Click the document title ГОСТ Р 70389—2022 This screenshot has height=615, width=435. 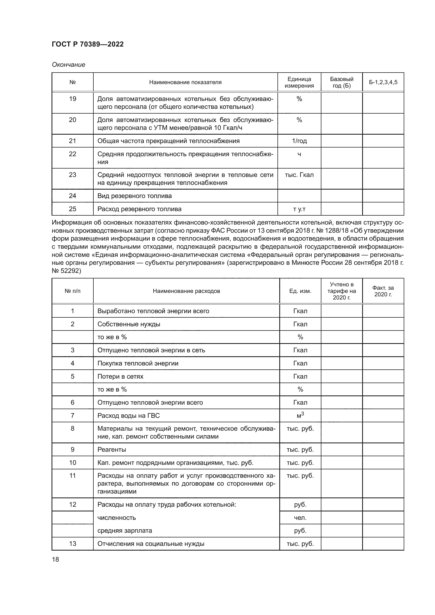click(88, 44)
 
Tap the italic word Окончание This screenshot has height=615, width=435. click(69, 65)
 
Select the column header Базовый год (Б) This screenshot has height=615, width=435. click(342, 82)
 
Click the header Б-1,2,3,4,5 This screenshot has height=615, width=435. click(383, 82)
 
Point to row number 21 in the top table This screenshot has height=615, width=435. click(73, 141)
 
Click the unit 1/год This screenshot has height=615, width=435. click(299, 141)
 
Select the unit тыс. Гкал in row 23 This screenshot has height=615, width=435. click(299, 175)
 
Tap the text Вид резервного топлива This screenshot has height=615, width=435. click(134, 196)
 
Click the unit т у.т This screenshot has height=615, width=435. click(299, 209)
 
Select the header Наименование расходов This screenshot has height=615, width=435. click(186, 291)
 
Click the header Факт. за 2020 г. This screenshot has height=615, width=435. click(383, 291)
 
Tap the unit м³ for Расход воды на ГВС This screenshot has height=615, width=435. click(300, 415)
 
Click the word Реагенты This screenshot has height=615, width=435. click(112, 449)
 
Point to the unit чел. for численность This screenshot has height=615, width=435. click(300, 517)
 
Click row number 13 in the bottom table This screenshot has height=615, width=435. click(73, 543)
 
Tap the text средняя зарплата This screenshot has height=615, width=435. click(125, 531)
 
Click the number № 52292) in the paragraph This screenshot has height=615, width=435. click(67, 271)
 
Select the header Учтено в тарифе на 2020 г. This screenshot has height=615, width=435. click(342, 291)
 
